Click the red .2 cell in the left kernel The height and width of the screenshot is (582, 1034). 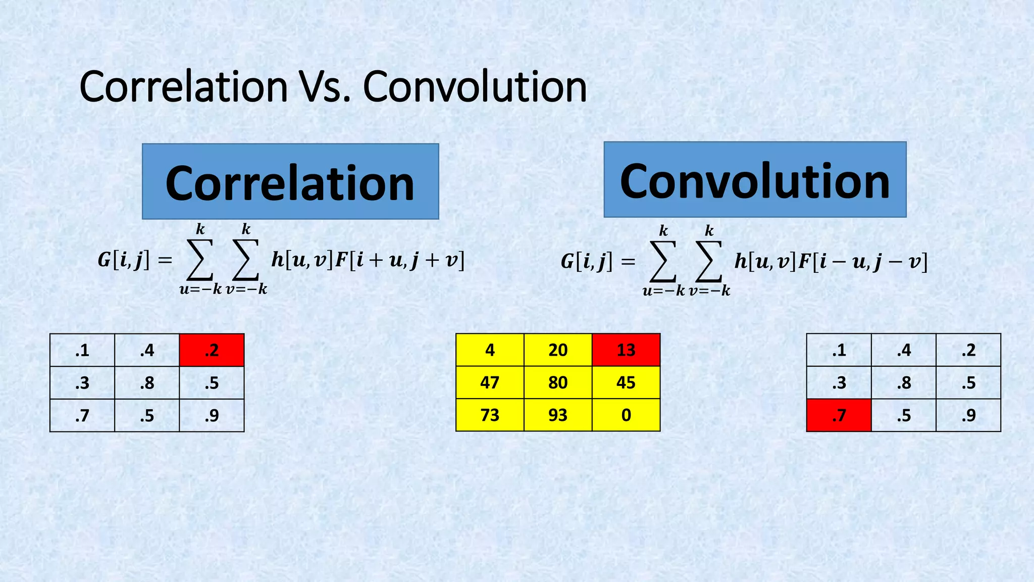point(212,350)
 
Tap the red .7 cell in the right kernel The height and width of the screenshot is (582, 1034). point(839,415)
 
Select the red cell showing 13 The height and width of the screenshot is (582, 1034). point(626,350)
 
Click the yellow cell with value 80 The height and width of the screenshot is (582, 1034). point(558,382)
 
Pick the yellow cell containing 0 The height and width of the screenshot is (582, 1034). point(626,415)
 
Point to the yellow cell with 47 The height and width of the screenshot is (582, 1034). point(490,382)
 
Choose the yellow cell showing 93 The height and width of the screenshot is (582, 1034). point(558,415)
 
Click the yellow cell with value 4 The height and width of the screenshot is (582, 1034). point(490,350)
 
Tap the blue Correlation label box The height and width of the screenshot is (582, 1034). point(290,182)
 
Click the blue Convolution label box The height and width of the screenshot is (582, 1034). point(755,180)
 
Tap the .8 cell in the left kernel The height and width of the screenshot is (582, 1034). point(147,383)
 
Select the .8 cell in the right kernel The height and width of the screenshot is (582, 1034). point(904,383)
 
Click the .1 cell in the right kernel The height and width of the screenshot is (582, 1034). point(839,350)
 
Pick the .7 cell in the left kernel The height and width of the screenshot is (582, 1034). point(82,415)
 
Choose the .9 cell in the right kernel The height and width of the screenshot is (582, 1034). point(968,415)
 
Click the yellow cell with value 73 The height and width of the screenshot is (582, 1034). point(490,415)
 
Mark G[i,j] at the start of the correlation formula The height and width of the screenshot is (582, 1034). point(124,260)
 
